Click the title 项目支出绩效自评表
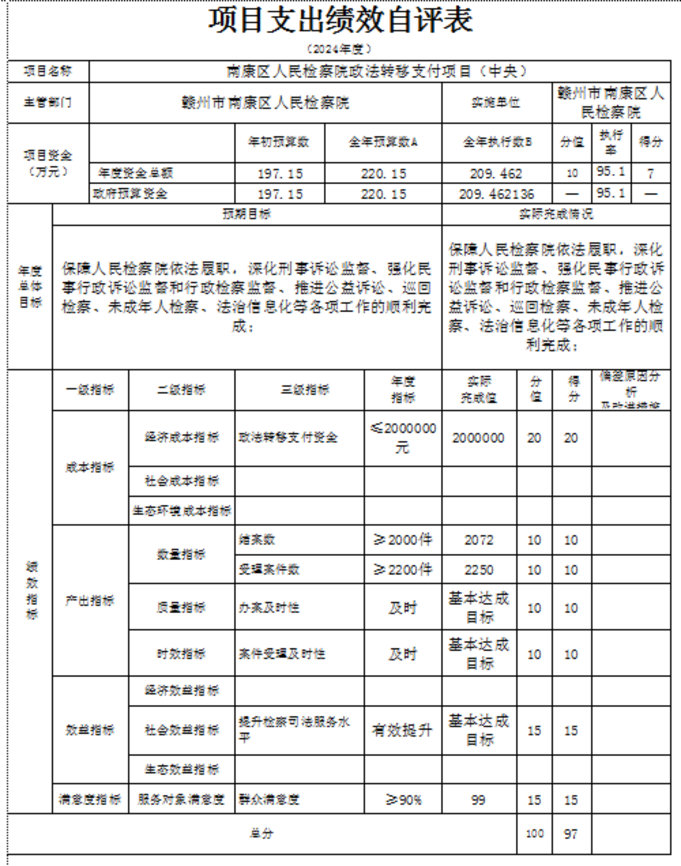[340, 20]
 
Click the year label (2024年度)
[339, 49]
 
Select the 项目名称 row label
[48, 71]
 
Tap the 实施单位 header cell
[496, 103]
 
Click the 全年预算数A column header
[383, 142]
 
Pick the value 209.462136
[496, 194]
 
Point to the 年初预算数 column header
[279, 142]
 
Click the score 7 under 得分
[650, 173]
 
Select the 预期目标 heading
[247, 214]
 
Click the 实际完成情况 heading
[556, 214]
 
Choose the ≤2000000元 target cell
[403, 438]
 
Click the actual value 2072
[479, 540]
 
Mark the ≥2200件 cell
[403, 569]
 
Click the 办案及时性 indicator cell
[269, 607]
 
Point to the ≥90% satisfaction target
[403, 800]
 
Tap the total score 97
[571, 834]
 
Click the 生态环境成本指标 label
[182, 511]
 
